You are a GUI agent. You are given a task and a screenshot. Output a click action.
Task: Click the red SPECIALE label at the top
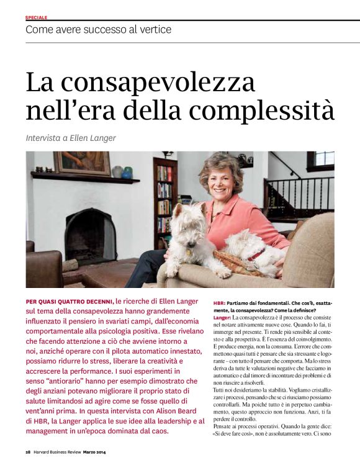click(x=36, y=17)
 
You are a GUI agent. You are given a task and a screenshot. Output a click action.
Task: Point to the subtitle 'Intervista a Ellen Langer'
click(x=71, y=138)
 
